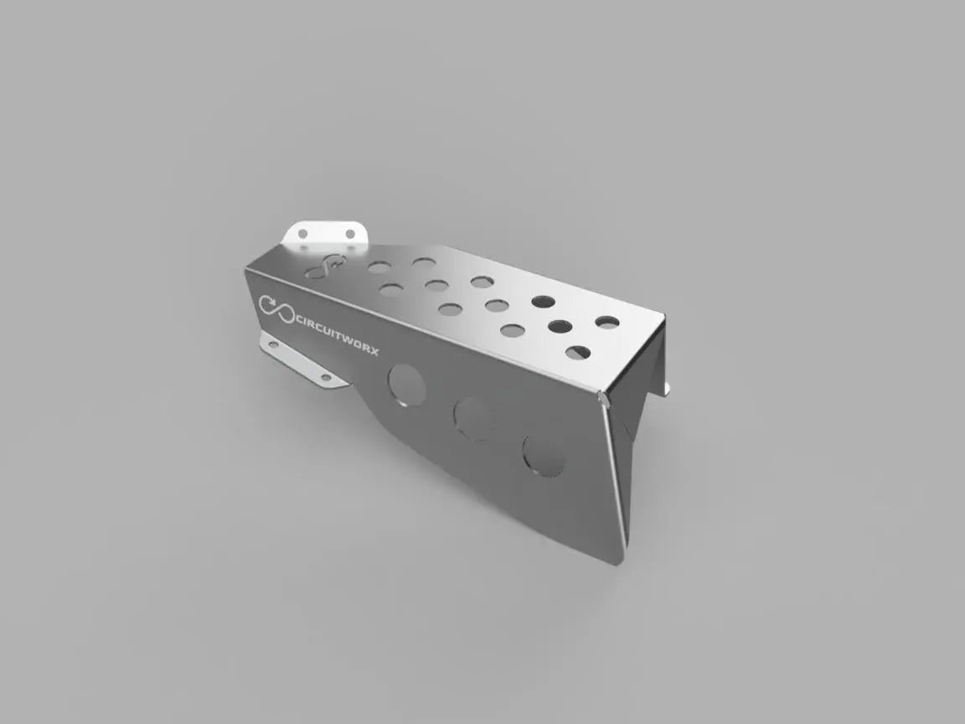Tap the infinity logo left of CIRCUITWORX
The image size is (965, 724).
pos(276,308)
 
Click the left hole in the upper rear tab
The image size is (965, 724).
pos(304,232)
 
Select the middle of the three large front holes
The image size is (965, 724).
pos(473,418)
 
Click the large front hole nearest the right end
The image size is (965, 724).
pos(543,455)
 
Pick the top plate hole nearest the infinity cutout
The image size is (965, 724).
pos(379,266)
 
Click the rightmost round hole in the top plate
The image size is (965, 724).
pos(607,322)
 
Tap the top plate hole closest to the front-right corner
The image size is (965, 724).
pos(577,353)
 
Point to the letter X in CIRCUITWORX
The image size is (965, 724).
pos(373,350)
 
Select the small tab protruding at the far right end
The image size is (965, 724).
pos(668,387)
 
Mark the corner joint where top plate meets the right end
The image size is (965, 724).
pos(604,397)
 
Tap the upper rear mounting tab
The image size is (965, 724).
pos(328,233)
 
